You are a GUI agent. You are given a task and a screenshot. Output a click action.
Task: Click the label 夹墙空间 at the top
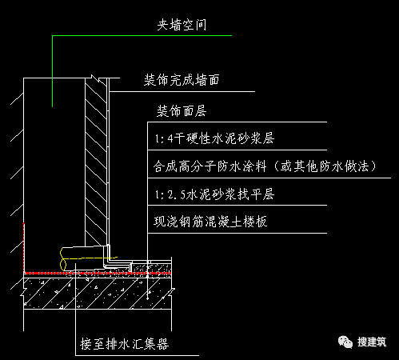tap(181, 25)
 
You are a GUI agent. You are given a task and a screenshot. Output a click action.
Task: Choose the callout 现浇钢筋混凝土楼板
tap(209, 222)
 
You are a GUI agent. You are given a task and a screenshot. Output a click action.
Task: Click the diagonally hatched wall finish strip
tap(96, 160)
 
